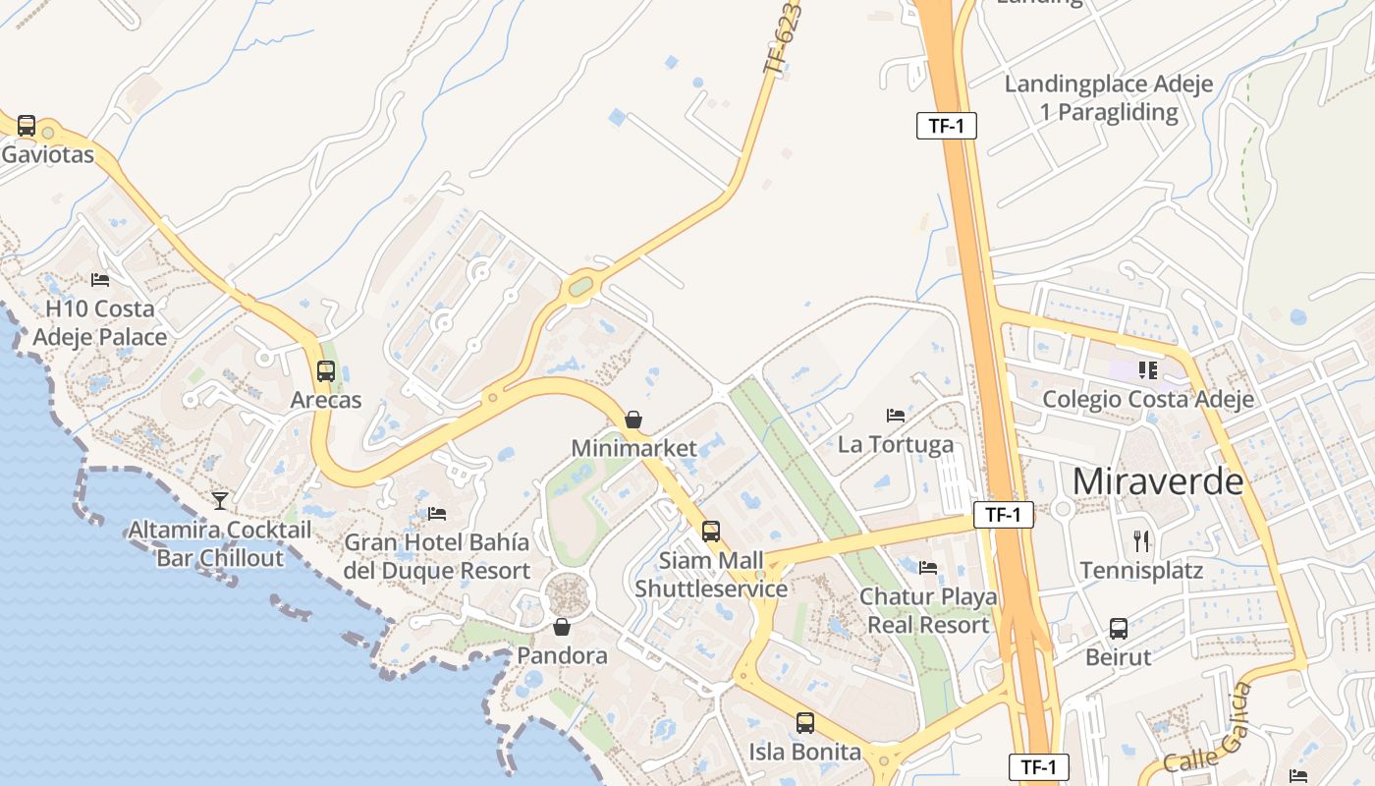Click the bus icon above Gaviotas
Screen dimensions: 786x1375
pos(27,126)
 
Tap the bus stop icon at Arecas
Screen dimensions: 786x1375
pos(326,371)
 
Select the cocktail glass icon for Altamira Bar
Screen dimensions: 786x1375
pos(220,501)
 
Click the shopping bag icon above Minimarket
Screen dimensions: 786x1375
pos(633,420)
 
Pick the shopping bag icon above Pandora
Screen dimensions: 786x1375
pos(562,627)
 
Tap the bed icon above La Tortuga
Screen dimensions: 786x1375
pos(895,416)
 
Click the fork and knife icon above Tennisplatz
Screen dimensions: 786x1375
pos(1141,541)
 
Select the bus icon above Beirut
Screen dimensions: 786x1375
pos(1118,629)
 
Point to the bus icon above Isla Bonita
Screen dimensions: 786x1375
pos(805,723)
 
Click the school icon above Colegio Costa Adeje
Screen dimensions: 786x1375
pos(1147,370)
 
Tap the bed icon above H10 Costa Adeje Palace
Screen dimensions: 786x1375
pos(100,280)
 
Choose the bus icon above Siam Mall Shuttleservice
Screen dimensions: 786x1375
pos(711,532)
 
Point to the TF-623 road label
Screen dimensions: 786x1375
pos(783,39)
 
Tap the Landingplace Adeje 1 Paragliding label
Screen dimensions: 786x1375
pos(1109,97)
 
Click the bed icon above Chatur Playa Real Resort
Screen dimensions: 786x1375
pos(928,568)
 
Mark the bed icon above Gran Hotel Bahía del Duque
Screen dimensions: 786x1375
pos(437,513)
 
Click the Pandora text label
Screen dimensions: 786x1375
pos(562,655)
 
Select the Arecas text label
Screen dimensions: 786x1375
pos(326,400)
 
